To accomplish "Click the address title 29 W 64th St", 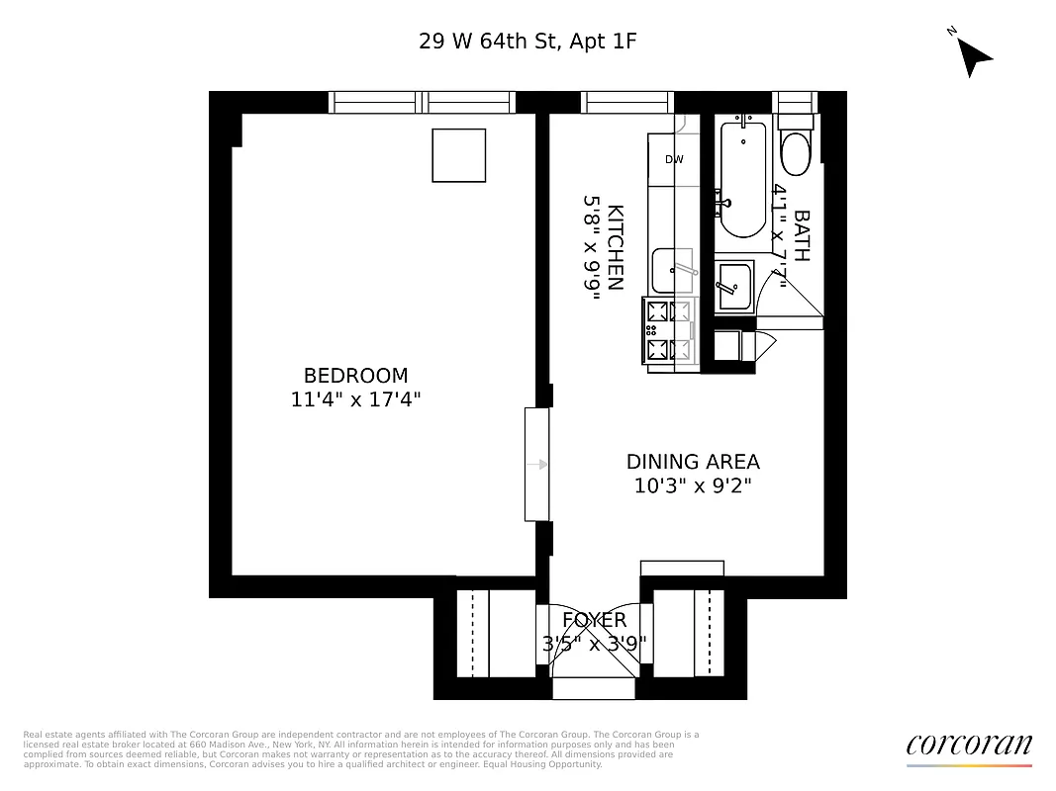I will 528,42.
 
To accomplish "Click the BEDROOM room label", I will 355,376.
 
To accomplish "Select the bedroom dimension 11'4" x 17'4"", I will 355,399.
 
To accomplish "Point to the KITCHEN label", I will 615,247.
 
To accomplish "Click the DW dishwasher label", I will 674,159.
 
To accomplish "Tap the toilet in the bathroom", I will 795,151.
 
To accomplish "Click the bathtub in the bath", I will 741,178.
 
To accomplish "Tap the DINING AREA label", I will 693,462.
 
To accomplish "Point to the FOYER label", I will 594,620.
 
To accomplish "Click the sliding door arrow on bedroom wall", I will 537,464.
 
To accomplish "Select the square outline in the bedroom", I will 459,155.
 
